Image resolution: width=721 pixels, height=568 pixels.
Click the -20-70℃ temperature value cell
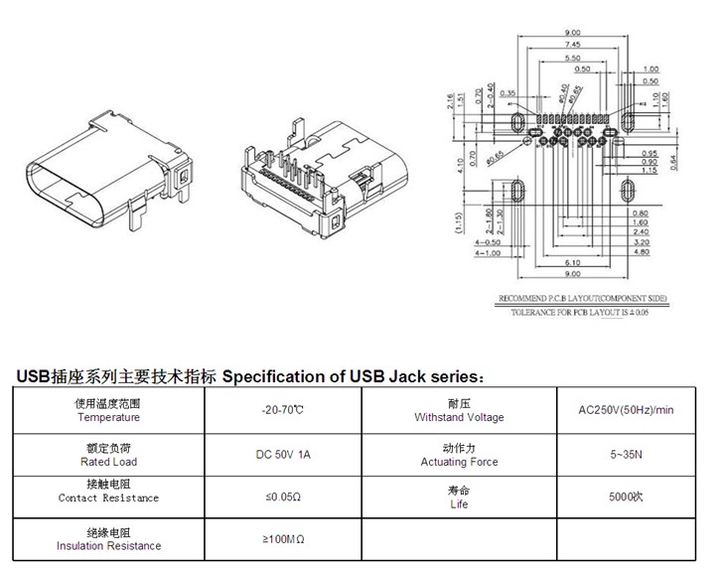pyautogui.click(x=282, y=410)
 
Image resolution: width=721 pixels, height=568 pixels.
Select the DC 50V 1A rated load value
pyautogui.click(x=282, y=454)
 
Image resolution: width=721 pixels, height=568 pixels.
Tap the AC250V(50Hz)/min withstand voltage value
pyautogui.click(x=626, y=410)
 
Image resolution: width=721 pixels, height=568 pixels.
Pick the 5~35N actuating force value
pyautogui.click(x=626, y=454)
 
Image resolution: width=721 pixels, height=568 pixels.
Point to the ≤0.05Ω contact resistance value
pyautogui.click(x=282, y=496)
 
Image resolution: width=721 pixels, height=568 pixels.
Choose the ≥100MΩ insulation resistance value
pyautogui.click(x=282, y=538)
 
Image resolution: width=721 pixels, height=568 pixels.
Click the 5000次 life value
pyautogui.click(x=626, y=496)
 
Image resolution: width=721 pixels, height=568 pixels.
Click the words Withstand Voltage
pyautogui.click(x=459, y=418)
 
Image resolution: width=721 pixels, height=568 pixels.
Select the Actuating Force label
pyautogui.click(x=459, y=462)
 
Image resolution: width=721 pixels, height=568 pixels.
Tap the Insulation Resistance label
pyautogui.click(x=109, y=546)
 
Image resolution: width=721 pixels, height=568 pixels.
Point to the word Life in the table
pyautogui.click(x=459, y=504)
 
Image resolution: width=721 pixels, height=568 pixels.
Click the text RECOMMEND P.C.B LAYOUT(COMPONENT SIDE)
pyautogui.click(x=582, y=298)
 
